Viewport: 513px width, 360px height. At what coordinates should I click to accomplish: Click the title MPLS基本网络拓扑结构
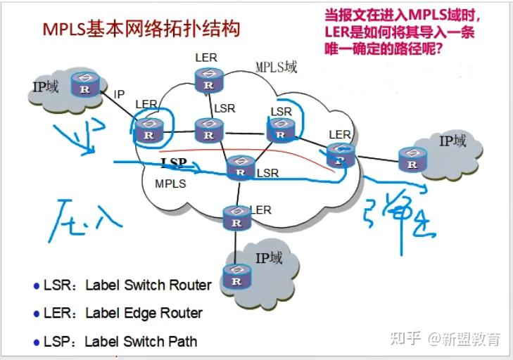[141, 29]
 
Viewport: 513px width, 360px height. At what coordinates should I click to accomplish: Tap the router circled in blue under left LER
[148, 129]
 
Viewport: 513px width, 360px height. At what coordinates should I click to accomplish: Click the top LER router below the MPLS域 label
[209, 79]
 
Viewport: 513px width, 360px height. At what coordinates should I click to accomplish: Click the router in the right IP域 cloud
[412, 160]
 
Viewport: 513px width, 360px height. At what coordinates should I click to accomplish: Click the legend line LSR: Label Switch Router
[122, 285]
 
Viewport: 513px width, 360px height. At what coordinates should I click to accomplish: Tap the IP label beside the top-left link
[119, 94]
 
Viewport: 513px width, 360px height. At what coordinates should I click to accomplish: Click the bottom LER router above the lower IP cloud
[236, 217]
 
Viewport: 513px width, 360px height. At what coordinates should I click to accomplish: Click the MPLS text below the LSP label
[170, 184]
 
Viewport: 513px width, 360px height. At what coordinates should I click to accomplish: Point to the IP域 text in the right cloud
[452, 141]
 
